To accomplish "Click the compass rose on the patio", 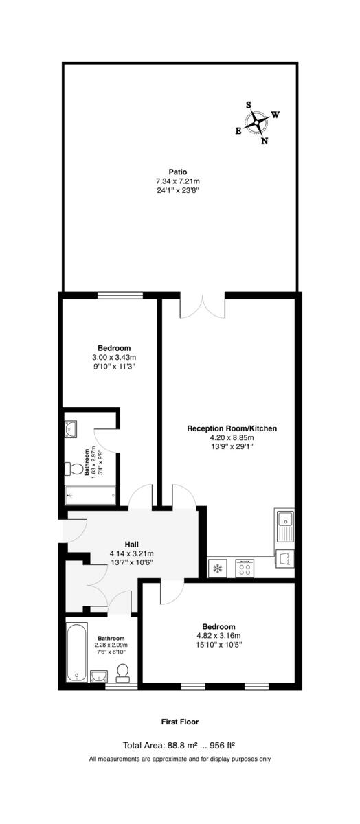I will pos(257,123).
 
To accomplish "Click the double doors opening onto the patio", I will pos(203,306).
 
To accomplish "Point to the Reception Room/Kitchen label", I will pos(232,428).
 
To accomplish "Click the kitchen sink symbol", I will pos(284,527).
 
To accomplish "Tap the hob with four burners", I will pos(245,568).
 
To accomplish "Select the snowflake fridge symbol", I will pos(218,568).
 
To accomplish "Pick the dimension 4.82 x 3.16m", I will pos(218,635).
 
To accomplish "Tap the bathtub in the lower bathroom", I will pos(75,652).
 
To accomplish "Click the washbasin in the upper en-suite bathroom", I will pos(73,431).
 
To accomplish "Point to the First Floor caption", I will pos(179,722).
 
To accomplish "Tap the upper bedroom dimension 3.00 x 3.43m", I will pos(114,357).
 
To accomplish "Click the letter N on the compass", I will pos(265,141).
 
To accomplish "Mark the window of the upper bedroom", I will pos(120,295).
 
